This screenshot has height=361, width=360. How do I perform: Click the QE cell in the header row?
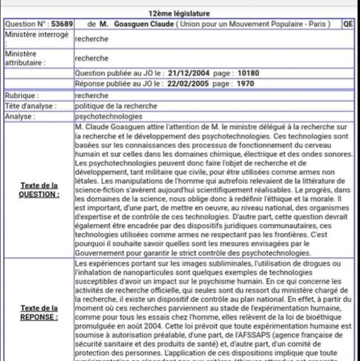(349, 25)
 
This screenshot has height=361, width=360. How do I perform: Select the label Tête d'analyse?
(27, 106)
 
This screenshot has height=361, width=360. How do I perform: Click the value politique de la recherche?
(116, 106)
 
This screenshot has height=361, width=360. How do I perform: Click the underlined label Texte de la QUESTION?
(39, 189)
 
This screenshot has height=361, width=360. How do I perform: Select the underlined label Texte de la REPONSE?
(39, 312)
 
